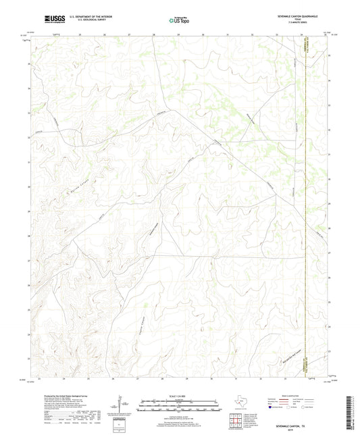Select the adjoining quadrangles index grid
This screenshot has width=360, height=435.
pyautogui.click(x=234, y=421)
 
